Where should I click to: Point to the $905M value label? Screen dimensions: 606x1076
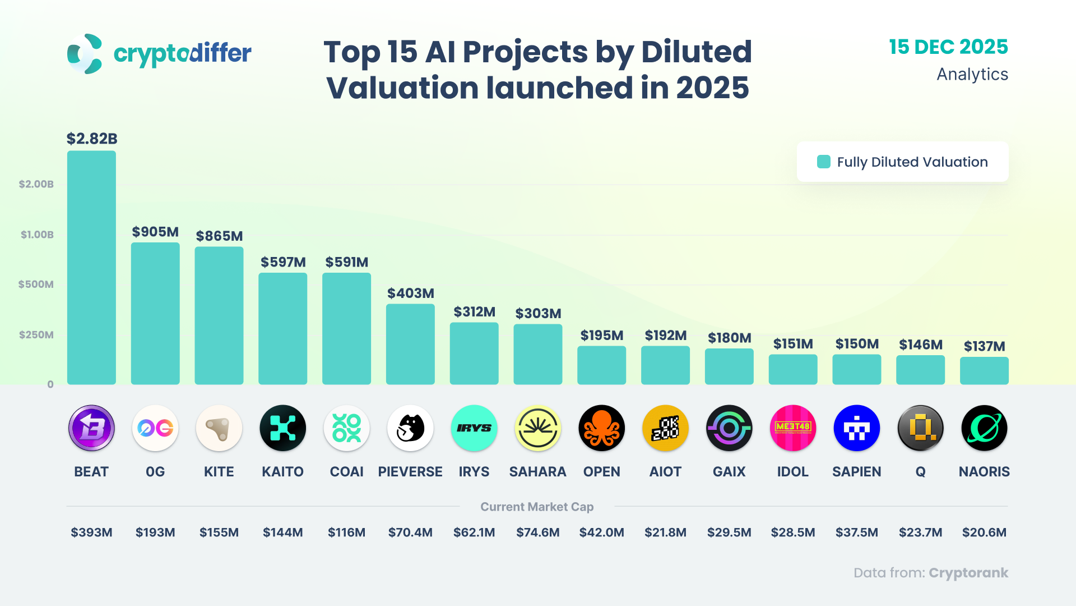click(155, 232)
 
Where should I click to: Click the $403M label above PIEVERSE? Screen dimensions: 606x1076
click(411, 293)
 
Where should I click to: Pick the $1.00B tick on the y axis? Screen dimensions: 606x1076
click(37, 235)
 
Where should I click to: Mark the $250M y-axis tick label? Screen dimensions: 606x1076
click(36, 335)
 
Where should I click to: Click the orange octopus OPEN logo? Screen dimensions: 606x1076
click(602, 428)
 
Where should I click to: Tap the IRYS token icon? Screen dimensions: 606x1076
click(474, 428)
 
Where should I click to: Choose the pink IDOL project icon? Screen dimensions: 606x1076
click(793, 428)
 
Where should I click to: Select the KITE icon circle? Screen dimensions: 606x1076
click(219, 428)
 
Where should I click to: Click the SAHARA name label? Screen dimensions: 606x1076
click(537, 472)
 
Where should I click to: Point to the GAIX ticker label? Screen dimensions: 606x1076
click(729, 472)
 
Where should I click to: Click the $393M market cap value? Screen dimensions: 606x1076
click(91, 532)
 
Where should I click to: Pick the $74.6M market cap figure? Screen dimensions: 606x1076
click(537, 532)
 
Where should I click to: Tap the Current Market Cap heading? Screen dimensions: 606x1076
click(537, 507)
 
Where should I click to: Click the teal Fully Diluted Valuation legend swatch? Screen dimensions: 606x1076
click(824, 162)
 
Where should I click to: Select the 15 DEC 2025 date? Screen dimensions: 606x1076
click(948, 47)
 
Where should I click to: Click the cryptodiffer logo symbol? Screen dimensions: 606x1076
click(85, 54)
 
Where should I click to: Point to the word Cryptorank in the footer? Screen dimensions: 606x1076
click(968, 573)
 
